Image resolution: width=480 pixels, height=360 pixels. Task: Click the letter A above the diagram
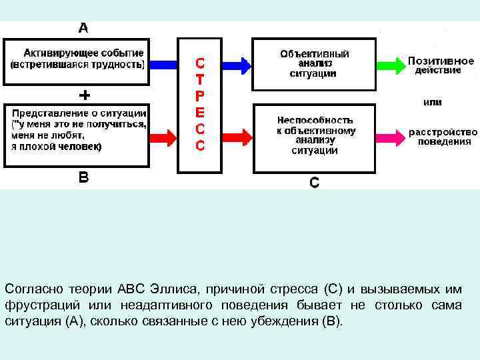[x=83, y=28]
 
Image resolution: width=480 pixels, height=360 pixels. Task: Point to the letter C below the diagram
[x=314, y=182]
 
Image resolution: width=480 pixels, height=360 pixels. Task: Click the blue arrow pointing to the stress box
[x=163, y=65]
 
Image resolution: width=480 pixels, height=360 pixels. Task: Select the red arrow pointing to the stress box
[x=163, y=138]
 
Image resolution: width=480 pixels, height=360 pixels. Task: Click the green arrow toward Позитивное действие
[x=389, y=65]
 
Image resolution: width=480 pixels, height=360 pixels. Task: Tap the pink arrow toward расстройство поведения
[x=389, y=138]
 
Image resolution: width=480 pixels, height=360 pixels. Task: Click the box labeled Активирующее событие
[x=77, y=59]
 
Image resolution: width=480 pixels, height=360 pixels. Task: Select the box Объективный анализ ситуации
[x=314, y=63]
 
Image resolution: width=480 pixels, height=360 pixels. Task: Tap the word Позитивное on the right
[x=441, y=60]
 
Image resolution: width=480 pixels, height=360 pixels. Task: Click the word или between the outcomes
[x=433, y=103]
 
